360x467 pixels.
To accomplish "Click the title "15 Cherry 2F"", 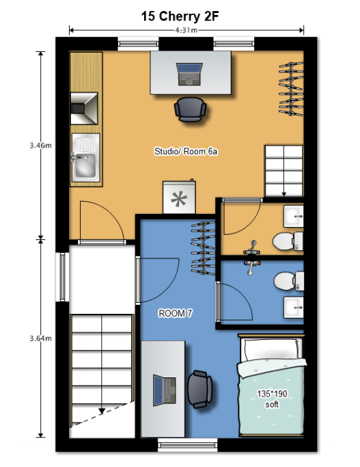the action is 180,16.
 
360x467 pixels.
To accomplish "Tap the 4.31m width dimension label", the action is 186,30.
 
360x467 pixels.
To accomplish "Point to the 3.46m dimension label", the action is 40,146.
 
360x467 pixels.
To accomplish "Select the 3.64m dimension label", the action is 40,338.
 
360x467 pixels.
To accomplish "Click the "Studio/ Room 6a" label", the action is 186,151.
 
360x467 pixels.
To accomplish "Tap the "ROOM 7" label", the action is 176,313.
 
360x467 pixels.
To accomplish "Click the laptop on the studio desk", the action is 189,74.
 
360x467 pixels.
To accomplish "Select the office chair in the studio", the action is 191,109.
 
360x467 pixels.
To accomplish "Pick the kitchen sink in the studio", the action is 85,157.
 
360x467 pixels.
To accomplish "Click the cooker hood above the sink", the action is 84,108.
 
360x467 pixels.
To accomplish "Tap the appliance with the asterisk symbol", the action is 179,197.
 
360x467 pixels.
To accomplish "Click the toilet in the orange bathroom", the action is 288,241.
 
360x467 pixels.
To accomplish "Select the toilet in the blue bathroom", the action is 288,281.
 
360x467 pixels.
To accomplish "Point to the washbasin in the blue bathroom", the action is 293,308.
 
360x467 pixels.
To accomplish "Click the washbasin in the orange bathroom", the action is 293,216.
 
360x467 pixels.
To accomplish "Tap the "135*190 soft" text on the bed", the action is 272,399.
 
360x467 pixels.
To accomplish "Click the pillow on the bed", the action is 271,349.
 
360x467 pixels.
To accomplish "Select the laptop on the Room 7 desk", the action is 164,390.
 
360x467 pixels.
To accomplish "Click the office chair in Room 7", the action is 199,390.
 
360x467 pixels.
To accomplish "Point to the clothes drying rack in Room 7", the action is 203,248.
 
